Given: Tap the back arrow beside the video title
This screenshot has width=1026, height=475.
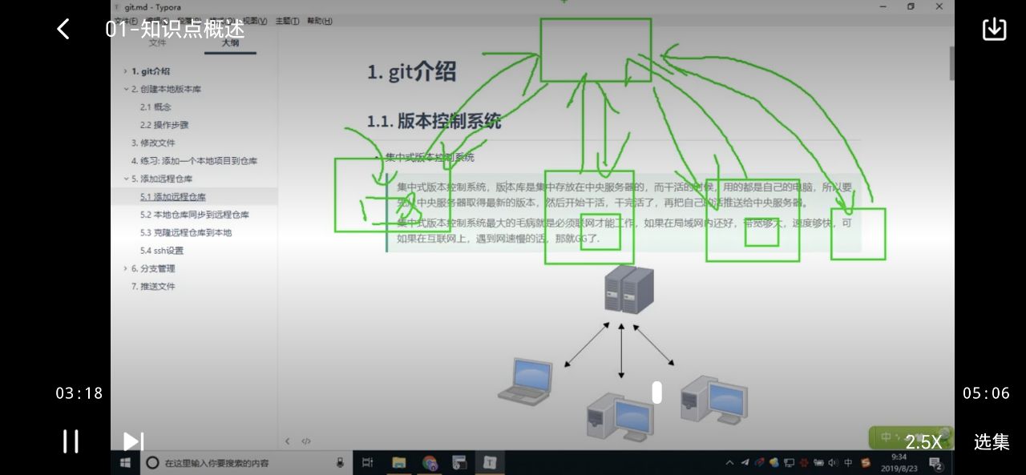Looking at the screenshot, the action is point(63,30).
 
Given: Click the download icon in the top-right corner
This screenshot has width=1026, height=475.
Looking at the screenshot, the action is point(994,29).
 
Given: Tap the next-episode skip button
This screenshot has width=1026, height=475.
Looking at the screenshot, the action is point(133,441).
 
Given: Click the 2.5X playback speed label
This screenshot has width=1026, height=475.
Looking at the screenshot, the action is point(923,441).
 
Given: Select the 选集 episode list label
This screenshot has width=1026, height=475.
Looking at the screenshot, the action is point(992,441).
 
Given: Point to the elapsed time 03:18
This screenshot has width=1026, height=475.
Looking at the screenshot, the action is point(79,393).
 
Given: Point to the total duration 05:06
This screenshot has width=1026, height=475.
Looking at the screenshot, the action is point(986,393).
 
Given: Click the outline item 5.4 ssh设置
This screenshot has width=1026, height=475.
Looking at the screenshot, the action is point(162,251).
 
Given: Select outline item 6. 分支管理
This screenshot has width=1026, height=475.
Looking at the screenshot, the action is point(153,268).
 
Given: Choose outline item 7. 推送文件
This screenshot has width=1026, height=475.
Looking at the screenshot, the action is point(153,286).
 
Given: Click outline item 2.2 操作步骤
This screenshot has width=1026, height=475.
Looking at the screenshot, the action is point(164,125).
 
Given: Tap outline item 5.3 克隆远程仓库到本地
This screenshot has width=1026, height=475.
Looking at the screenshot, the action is point(186,232).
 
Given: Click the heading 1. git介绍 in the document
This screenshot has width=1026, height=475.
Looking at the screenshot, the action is point(411,72).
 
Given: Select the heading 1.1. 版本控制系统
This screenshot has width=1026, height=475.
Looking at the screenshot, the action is point(434,122).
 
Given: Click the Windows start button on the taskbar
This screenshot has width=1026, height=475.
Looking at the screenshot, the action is point(126,462).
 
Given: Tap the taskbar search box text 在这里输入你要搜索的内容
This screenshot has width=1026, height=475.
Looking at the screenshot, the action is point(216,463).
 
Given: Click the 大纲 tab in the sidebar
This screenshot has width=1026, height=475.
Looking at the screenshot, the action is point(230,43).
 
